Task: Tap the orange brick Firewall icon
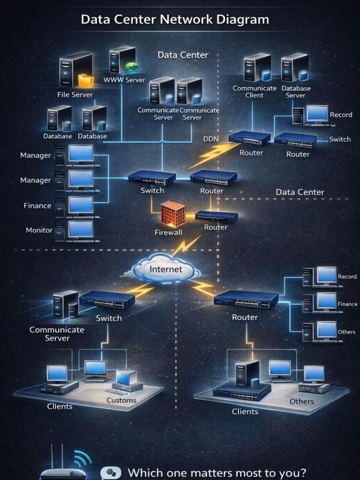coord(174,214)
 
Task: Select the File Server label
coord(75,94)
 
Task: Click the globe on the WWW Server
coord(132,68)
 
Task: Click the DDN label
coord(210,139)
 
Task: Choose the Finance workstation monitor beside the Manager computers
coord(81,205)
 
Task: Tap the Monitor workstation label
coord(39,230)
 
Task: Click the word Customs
coord(121,400)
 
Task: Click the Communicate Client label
coord(254,91)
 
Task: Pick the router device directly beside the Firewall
coord(216,215)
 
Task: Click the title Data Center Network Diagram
coord(175,20)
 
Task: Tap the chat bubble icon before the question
coord(111,472)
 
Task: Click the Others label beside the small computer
coord(346,332)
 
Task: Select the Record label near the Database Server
coord(341,114)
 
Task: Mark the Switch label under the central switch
coord(152,190)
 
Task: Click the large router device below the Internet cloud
coord(246,299)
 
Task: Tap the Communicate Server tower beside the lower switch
coord(66,305)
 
